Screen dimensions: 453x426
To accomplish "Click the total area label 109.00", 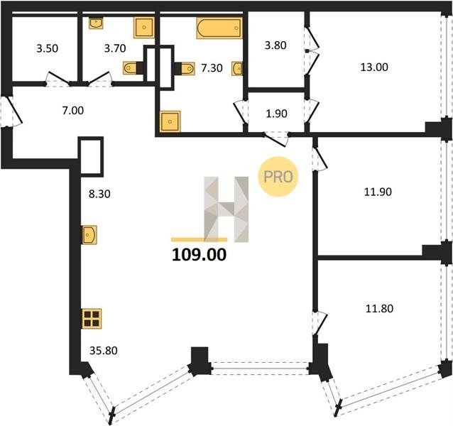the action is point(199,255).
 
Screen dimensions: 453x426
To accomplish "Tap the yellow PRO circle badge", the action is point(278,177).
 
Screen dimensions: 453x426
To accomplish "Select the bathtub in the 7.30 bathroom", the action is point(219,28).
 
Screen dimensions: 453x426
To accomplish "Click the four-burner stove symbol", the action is point(92,319).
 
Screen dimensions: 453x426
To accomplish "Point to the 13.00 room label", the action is point(374,67).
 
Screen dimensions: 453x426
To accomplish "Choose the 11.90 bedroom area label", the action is point(378,192).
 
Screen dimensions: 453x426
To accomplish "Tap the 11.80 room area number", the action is point(379,309).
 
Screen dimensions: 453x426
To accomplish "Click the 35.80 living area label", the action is point(104,351).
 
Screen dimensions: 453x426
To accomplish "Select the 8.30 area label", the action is point(99,194).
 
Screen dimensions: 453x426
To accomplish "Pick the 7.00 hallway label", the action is point(73,110).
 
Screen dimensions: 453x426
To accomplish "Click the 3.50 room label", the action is point(47,48).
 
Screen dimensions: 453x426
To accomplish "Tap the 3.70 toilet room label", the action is point(115,48).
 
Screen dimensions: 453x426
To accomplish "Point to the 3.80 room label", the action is point(275,45).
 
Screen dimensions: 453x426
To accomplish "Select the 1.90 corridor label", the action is point(276,114).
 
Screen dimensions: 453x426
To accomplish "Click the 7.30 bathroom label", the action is point(212,68).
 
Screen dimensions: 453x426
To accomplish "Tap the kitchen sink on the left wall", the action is point(89,235).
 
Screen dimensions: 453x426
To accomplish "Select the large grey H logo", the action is point(226,209).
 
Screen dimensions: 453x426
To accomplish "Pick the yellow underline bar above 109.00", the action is point(199,239).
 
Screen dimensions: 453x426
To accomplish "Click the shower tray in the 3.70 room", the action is point(143,28).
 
